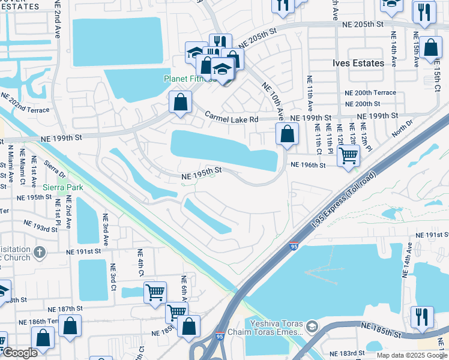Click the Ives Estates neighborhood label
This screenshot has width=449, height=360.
tap(358, 63)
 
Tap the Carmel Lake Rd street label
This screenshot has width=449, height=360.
tap(232, 117)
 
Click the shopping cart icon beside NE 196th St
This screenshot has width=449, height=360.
tap(348, 156)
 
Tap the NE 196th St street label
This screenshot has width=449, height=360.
tap(307, 165)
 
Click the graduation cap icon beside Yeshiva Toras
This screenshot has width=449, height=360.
tap(311, 327)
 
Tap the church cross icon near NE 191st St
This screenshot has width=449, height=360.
tap(40, 252)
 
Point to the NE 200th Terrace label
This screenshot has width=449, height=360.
tap(370, 92)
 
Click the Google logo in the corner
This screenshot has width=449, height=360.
tap(19, 353)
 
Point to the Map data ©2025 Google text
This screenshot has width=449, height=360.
tap(412, 355)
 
